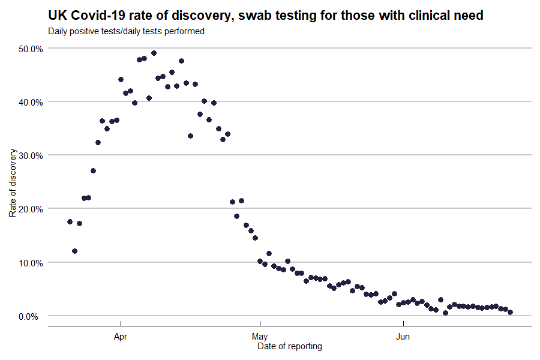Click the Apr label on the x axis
pos(121,337)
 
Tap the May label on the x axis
pos(260,337)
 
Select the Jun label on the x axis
pos(403,337)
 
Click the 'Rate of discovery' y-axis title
pos(13,182)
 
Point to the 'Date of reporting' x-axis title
pos(290,346)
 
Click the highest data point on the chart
pos(154,53)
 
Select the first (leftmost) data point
pos(70,221)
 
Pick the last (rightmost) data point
pos(510,312)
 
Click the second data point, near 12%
pos(74,251)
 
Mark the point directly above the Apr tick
pos(121,79)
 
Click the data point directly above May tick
pos(260,261)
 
